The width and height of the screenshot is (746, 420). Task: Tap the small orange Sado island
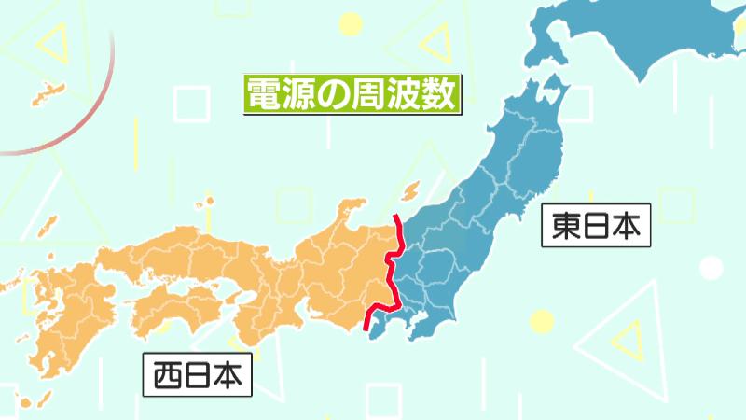[408, 191]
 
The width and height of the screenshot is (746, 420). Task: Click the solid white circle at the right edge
[711, 269]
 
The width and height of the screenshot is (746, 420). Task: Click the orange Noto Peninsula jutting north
[354, 210]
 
